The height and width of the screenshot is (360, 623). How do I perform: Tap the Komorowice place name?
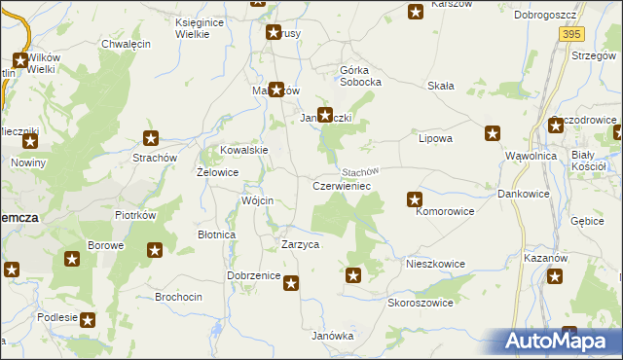tap(445, 210)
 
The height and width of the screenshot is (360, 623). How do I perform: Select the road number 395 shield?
tap(571, 34)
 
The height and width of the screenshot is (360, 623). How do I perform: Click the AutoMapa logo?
tap(558, 342)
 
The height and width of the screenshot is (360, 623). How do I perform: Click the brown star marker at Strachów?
tap(151, 138)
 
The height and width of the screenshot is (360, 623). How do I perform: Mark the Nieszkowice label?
tap(435, 264)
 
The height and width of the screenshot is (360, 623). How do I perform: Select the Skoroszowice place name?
tap(421, 303)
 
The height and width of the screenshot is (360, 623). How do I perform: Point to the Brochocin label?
tap(179, 295)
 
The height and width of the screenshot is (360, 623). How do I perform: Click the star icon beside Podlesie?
tap(89, 319)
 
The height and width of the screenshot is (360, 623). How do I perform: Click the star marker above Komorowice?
tap(415, 200)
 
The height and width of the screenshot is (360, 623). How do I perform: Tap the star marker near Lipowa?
tap(493, 133)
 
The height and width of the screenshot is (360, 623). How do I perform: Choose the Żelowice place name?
tap(218, 172)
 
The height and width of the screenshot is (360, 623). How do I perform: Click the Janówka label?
tap(332, 336)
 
